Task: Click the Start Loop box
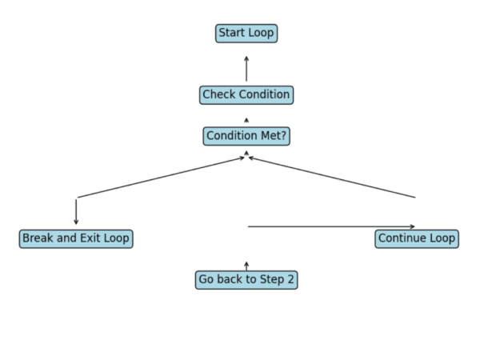[x=246, y=34]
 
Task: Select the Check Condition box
[x=246, y=95]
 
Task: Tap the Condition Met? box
[x=246, y=137]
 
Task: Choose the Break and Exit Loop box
[x=76, y=238]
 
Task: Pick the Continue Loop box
[x=416, y=238]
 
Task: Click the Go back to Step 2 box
[x=246, y=280]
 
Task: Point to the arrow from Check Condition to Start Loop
[x=246, y=69]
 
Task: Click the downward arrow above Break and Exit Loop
[x=76, y=211]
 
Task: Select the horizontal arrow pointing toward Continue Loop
[x=331, y=226]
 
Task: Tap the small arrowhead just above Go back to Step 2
[x=246, y=265]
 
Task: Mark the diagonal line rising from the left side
[x=160, y=178]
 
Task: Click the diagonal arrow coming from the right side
[x=332, y=177]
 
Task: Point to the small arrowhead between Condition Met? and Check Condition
[x=246, y=120]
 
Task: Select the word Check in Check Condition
[x=218, y=95]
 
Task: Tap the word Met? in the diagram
[x=273, y=137]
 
